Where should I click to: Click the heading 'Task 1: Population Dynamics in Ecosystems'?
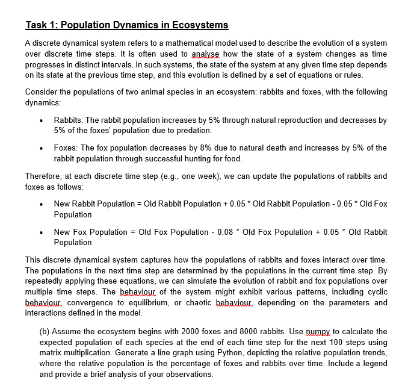tap(127, 25)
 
